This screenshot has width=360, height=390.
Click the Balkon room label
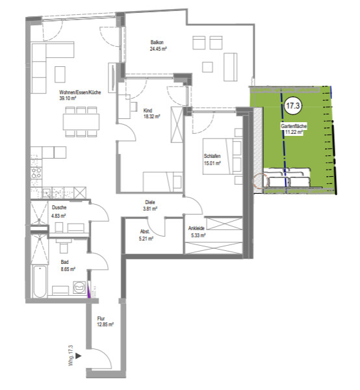157,42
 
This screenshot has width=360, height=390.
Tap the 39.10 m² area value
68,99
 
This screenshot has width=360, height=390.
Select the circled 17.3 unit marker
293,106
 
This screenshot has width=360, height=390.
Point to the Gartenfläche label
294,126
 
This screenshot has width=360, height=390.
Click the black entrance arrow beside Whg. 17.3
79,356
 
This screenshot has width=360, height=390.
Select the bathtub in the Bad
40,281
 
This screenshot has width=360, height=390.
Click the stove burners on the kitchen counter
36,173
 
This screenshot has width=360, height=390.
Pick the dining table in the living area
81,122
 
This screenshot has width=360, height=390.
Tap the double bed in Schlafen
222,157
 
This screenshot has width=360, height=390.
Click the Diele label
150,202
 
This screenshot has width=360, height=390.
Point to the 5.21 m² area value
146,239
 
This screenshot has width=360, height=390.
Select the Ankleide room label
196,228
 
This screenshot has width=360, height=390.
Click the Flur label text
101,318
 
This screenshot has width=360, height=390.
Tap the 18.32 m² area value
151,116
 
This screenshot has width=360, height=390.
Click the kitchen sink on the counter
46,193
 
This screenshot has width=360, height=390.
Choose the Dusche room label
59,207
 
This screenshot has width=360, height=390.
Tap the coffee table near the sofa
60,74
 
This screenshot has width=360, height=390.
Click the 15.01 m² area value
212,163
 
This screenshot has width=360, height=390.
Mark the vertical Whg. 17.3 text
71,356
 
